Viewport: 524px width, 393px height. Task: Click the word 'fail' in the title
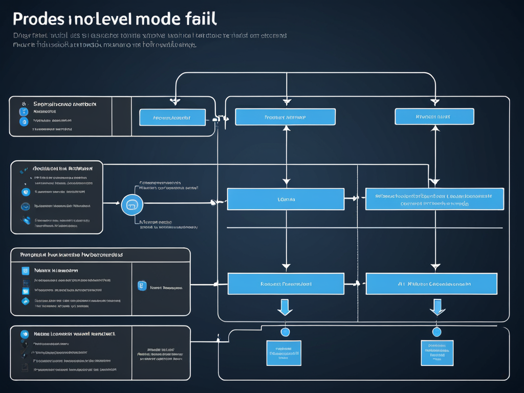[x=201, y=19]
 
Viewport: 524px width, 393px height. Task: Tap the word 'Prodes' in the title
[x=38, y=19]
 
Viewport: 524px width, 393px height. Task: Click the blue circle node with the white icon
[x=132, y=205]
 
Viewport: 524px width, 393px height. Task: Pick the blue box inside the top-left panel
[x=172, y=117]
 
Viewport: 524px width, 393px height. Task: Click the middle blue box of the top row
[x=285, y=117]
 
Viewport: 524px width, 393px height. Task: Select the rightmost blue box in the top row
[x=434, y=116]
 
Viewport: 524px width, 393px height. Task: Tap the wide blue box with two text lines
[x=434, y=199]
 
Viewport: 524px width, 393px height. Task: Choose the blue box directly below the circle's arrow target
[x=286, y=199]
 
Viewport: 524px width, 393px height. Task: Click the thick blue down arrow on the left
[x=285, y=307]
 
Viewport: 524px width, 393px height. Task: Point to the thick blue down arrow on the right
[x=437, y=307]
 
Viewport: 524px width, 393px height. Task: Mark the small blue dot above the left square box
[x=286, y=332]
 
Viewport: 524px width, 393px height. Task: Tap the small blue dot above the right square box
[x=436, y=332]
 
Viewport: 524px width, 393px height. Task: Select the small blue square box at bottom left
[x=283, y=353]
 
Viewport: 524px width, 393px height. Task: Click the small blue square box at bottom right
[x=437, y=353]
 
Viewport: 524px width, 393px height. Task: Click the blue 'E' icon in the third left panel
[x=142, y=286]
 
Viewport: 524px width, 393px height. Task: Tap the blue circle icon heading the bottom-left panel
[x=24, y=334]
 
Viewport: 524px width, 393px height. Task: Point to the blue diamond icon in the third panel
[x=25, y=301]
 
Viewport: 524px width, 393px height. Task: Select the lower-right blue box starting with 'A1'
[x=431, y=283]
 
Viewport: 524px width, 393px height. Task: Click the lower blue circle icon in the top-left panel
[x=23, y=122]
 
